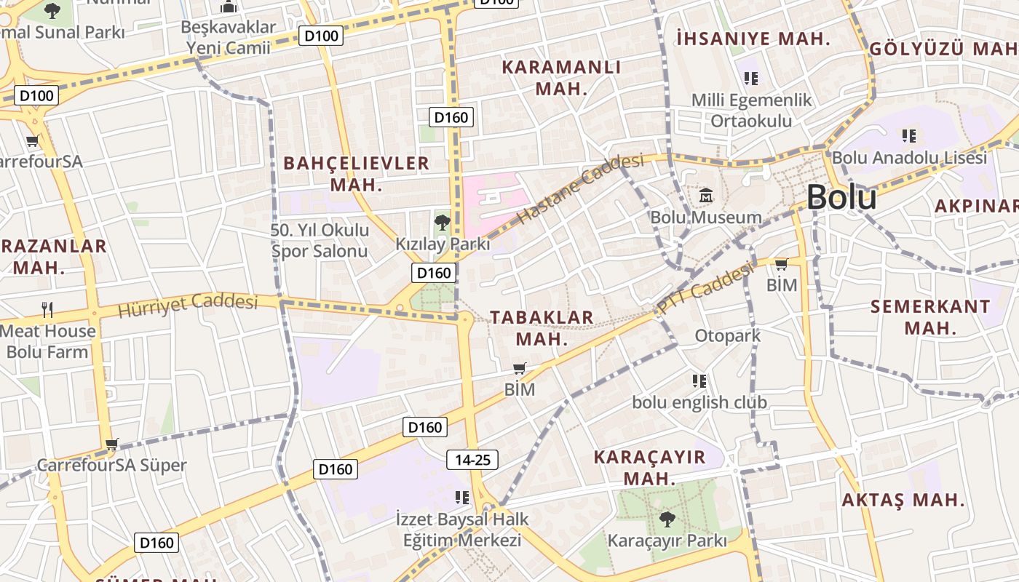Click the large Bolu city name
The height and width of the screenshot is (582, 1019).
tap(841, 197)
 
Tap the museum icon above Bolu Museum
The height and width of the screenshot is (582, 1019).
tap(706, 195)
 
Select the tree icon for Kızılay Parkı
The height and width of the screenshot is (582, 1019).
tap(442, 223)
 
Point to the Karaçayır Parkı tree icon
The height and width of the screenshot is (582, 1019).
tap(667, 519)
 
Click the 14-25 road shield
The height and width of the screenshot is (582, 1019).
tap(472, 460)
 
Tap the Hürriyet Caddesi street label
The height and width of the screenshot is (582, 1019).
tap(188, 305)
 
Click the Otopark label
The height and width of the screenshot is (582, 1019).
tap(728, 335)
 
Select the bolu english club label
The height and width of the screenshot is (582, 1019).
tap(699, 402)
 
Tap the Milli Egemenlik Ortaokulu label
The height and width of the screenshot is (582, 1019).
tap(751, 110)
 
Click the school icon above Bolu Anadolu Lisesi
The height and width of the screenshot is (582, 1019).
tap(908, 135)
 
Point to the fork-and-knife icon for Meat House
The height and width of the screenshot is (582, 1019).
tap(48, 310)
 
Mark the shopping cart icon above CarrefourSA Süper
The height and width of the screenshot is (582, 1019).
tap(111, 444)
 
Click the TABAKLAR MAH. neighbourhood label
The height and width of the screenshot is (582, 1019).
tap(542, 327)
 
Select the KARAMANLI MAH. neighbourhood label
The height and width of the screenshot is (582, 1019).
tap(561, 78)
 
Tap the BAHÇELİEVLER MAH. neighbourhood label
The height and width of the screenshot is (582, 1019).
tap(357, 173)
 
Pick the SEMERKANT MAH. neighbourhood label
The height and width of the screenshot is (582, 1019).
tap(930, 316)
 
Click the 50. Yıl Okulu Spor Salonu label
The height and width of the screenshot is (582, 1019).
tap(320, 241)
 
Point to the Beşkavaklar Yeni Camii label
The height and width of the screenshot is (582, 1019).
tap(229, 38)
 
